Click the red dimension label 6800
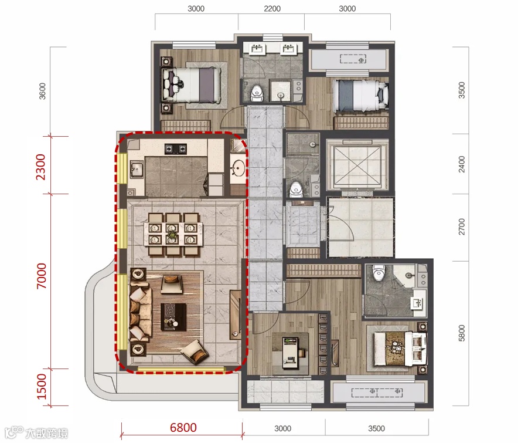tap(183, 427)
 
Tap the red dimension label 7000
tap(42, 276)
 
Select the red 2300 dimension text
tap(41, 167)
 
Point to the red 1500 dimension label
tap(42, 386)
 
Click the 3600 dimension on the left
tap(42, 91)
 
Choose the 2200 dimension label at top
tap(272, 9)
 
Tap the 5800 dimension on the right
tap(462, 333)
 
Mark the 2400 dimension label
tap(462, 164)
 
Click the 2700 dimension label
tap(462, 226)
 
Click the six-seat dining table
tap(173, 234)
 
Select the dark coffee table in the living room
tap(173, 317)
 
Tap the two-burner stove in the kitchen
tap(176, 149)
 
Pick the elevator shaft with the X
tap(357, 164)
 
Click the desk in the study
tap(291, 353)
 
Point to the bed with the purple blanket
tap(191, 85)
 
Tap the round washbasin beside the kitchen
tap(238, 168)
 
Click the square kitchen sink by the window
tap(137, 170)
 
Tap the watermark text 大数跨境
tap(46, 433)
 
